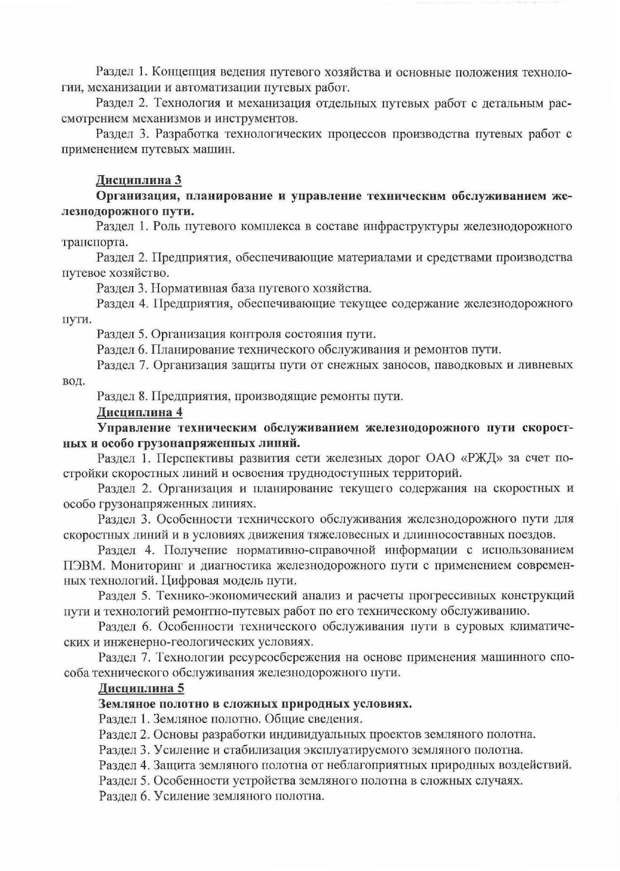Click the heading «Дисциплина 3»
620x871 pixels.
(139, 180)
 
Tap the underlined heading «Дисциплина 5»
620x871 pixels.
(141, 688)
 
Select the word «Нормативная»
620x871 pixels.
(190, 288)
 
